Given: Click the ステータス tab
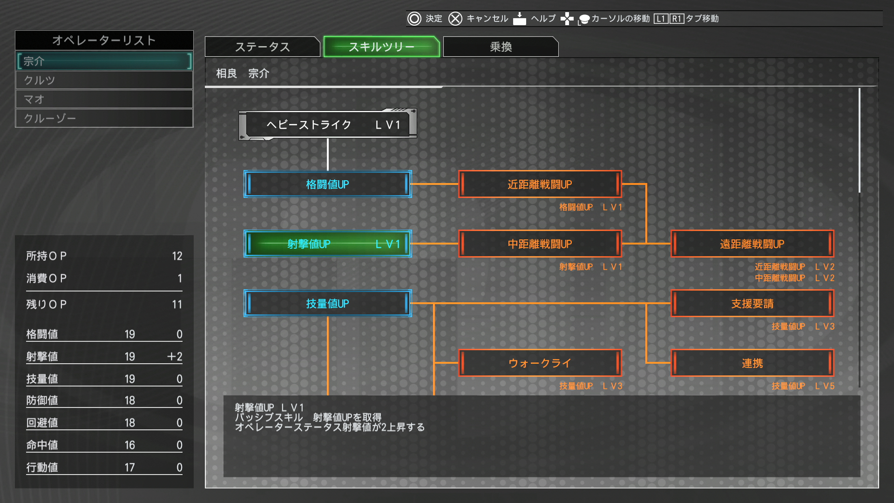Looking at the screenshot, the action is tap(263, 47).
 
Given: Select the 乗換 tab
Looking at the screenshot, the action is tap(501, 47).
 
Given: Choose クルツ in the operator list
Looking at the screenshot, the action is tap(104, 80).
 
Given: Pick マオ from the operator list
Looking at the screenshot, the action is tap(104, 99).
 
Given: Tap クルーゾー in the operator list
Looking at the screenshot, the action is tap(104, 118).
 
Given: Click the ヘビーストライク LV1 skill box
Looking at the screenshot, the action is tap(328, 124).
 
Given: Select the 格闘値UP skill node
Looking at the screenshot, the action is tap(328, 184).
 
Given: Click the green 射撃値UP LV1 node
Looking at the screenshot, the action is tap(328, 244).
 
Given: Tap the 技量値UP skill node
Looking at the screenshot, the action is tap(328, 303).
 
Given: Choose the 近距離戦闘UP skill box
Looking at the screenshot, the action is tap(540, 184).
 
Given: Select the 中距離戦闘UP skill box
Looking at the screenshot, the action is tap(540, 244).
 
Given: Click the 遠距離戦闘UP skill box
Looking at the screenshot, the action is tap(752, 244).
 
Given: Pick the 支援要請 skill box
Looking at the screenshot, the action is tap(752, 303).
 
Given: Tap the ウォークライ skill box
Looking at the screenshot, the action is tap(540, 363).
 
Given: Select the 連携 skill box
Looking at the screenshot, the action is tap(752, 363).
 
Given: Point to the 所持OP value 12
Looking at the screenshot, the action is tap(177, 256).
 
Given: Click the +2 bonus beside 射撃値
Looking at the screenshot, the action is tap(175, 356).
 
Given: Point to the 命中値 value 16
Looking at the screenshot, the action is tap(130, 445).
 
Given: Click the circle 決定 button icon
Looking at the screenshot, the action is tap(414, 19).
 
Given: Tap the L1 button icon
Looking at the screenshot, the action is tap(661, 19).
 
